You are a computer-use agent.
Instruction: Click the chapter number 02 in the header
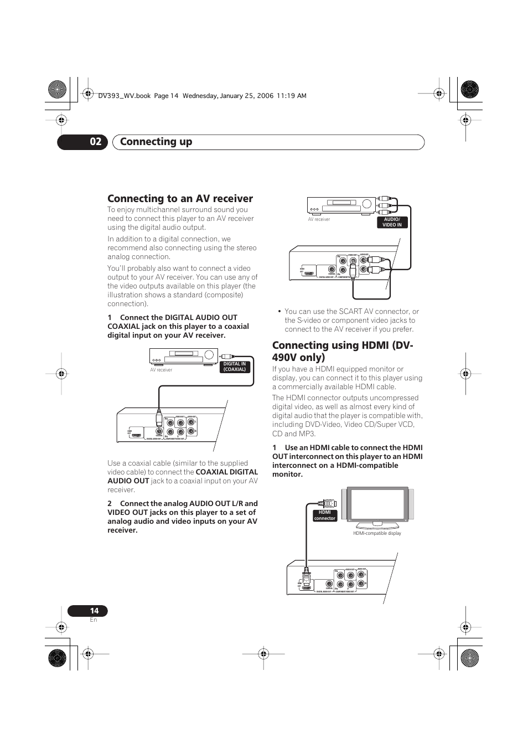[95, 142]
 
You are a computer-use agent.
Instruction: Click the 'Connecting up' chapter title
[156, 142]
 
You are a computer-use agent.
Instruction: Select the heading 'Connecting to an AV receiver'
[180, 198]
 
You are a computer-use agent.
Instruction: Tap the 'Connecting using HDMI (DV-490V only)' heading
[343, 351]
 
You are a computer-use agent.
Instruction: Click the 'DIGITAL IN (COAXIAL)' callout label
[235, 367]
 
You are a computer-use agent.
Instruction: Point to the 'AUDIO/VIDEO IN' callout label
[392, 222]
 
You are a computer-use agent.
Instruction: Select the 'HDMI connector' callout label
[324, 515]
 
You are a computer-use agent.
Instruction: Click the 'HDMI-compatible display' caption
[377, 533]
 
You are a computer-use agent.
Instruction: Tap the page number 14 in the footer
[94, 611]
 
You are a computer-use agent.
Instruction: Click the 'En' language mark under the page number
[94, 620]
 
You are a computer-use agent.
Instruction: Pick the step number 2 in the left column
[110, 503]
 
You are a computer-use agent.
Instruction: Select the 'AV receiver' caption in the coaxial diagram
[161, 370]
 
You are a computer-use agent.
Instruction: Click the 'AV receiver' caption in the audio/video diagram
[319, 219]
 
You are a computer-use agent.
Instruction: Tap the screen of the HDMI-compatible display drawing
[377, 504]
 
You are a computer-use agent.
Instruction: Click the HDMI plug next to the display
[329, 503]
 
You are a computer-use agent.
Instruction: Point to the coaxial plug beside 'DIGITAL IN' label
[227, 357]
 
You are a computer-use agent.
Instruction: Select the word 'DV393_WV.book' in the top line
[124, 96]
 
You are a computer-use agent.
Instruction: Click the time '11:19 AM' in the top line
[293, 96]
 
